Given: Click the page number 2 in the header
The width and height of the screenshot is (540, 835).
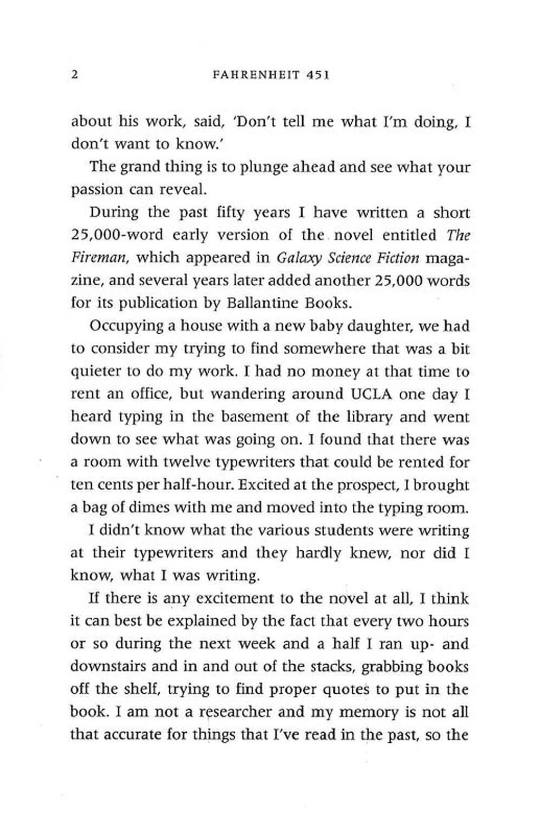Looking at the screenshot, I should (x=74, y=74).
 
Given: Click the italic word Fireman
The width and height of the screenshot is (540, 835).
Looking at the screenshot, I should (x=100, y=258).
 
